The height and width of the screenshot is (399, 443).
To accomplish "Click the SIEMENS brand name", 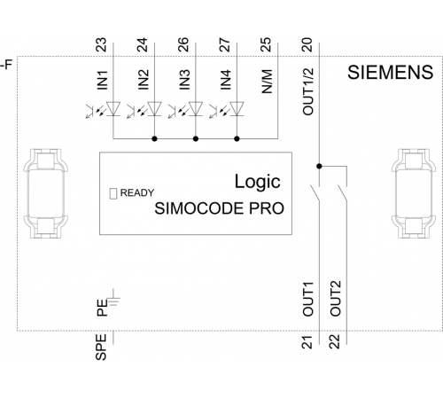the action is pyautogui.click(x=390, y=73).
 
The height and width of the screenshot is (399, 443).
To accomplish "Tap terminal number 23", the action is pyautogui.click(x=102, y=44).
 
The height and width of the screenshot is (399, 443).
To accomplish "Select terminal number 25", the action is pyautogui.click(x=266, y=44).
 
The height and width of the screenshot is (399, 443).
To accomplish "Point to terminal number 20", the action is pyautogui.click(x=307, y=44).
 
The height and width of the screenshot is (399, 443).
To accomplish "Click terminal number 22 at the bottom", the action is pyautogui.click(x=335, y=342).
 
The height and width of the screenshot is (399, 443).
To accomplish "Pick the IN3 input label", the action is pyautogui.click(x=184, y=80).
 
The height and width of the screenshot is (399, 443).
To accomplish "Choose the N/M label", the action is pyautogui.click(x=267, y=82).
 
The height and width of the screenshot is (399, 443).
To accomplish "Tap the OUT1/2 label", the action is pyautogui.click(x=308, y=91).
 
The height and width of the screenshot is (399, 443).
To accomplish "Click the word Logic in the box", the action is pyautogui.click(x=257, y=181).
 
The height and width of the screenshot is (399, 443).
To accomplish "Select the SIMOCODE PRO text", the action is pyautogui.click(x=219, y=208).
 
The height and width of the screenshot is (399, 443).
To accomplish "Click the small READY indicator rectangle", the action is pyautogui.click(x=113, y=193).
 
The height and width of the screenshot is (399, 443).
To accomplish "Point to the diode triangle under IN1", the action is pyautogui.click(x=113, y=108).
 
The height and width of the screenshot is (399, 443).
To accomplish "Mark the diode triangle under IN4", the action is pyautogui.click(x=237, y=108).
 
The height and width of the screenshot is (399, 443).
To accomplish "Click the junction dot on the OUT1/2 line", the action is pyautogui.click(x=319, y=167).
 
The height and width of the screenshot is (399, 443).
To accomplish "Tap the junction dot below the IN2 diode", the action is pyautogui.click(x=154, y=138).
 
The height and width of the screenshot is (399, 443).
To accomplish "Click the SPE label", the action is pyautogui.click(x=101, y=347).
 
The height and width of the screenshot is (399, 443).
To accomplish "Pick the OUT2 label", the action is pyautogui.click(x=336, y=299).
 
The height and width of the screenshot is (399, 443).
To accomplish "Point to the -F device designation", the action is pyautogui.click(x=6, y=65).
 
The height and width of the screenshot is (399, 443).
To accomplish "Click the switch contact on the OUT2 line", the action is pyautogui.click(x=343, y=193).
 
